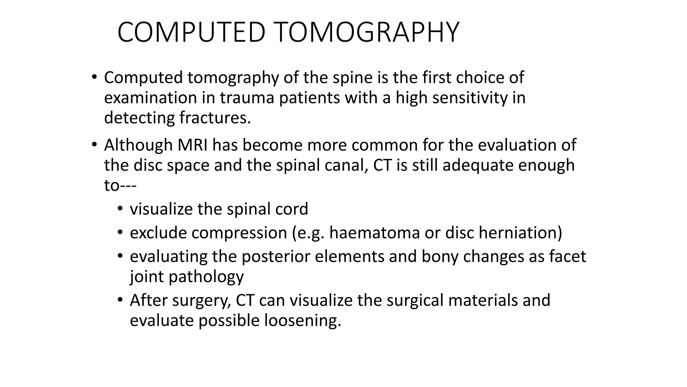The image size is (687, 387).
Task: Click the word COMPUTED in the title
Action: (192, 32)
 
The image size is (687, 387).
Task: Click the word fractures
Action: (215, 118)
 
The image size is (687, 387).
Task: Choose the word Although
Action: (138, 145)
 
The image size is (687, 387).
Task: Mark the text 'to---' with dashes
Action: (120, 185)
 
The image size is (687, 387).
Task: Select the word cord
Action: (292, 209)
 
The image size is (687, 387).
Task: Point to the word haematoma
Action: (374, 233)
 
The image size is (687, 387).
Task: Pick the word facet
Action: (567, 256)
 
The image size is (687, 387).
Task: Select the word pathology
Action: (206, 277)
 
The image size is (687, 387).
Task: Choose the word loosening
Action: (303, 320)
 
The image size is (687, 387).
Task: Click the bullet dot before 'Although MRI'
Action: (94, 145)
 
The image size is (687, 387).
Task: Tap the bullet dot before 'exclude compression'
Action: (120, 232)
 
